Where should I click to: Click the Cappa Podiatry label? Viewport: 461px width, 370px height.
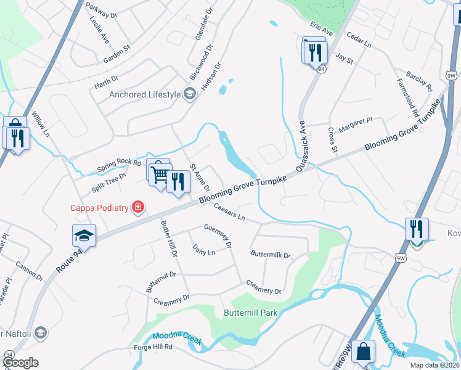point(98,208)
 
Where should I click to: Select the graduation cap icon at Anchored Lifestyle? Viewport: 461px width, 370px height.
point(189,94)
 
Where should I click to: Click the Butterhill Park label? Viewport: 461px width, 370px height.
point(250,313)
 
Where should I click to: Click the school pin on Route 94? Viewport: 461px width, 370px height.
point(84,236)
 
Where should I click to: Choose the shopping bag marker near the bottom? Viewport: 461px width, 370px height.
point(364,353)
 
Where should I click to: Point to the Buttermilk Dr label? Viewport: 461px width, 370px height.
point(270,253)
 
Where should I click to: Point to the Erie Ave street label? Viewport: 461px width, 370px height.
point(321,30)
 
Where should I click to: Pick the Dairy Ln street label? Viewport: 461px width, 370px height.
point(203,250)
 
